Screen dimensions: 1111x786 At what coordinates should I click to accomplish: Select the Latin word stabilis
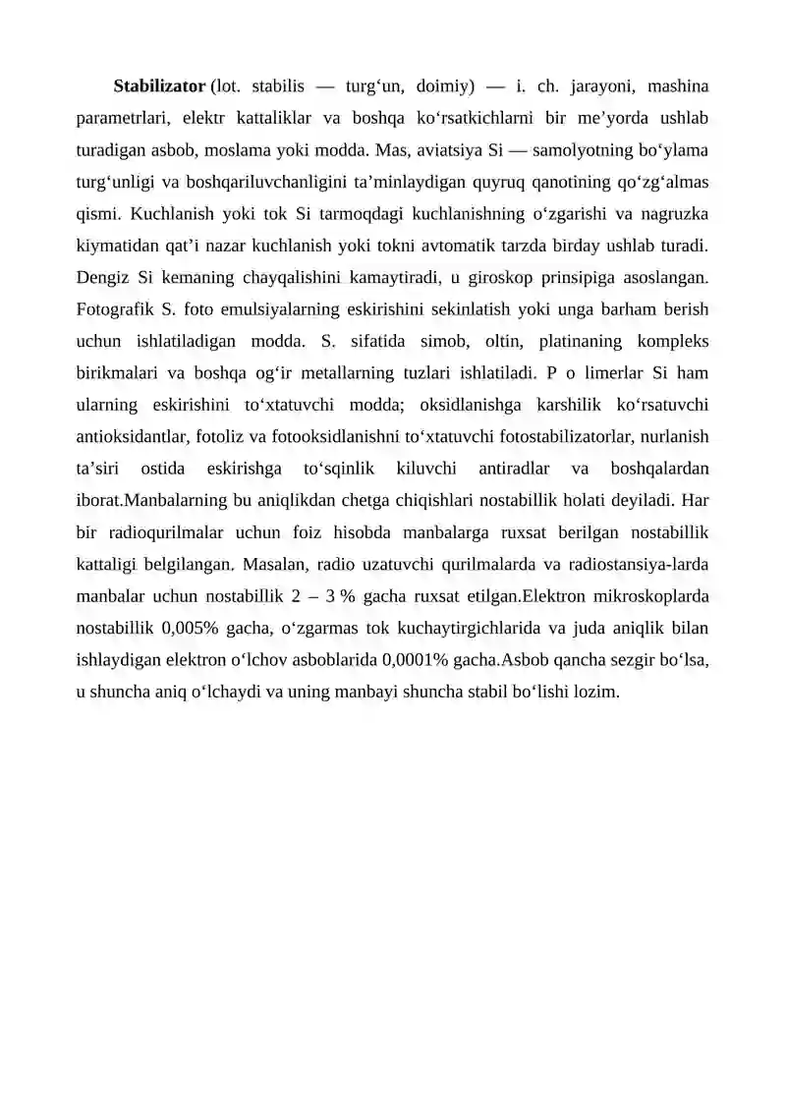(x=268, y=86)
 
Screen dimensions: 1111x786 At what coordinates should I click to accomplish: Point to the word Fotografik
(x=112, y=310)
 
